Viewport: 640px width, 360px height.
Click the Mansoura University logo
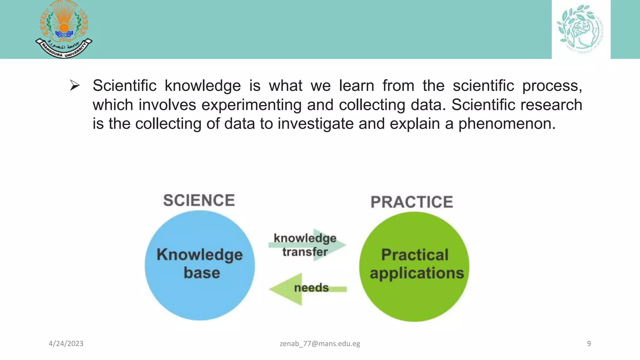(x=64, y=29)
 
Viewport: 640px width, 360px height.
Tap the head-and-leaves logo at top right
(x=581, y=29)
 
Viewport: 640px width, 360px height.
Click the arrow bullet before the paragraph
(x=75, y=85)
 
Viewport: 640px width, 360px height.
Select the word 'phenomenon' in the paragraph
(x=507, y=123)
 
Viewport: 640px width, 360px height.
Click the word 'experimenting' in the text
(x=251, y=105)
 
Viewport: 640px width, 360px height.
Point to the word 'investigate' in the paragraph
(x=315, y=123)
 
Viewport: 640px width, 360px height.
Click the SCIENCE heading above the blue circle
(x=199, y=200)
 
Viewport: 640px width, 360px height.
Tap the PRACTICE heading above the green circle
(x=412, y=202)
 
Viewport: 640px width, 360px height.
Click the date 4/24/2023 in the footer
(x=66, y=344)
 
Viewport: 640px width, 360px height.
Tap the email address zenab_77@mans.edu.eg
(x=320, y=344)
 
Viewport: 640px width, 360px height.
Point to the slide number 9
(x=589, y=344)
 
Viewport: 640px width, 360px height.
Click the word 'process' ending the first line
(x=552, y=86)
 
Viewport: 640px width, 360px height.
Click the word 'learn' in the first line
(x=356, y=86)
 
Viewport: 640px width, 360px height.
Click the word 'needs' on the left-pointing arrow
(x=311, y=288)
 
